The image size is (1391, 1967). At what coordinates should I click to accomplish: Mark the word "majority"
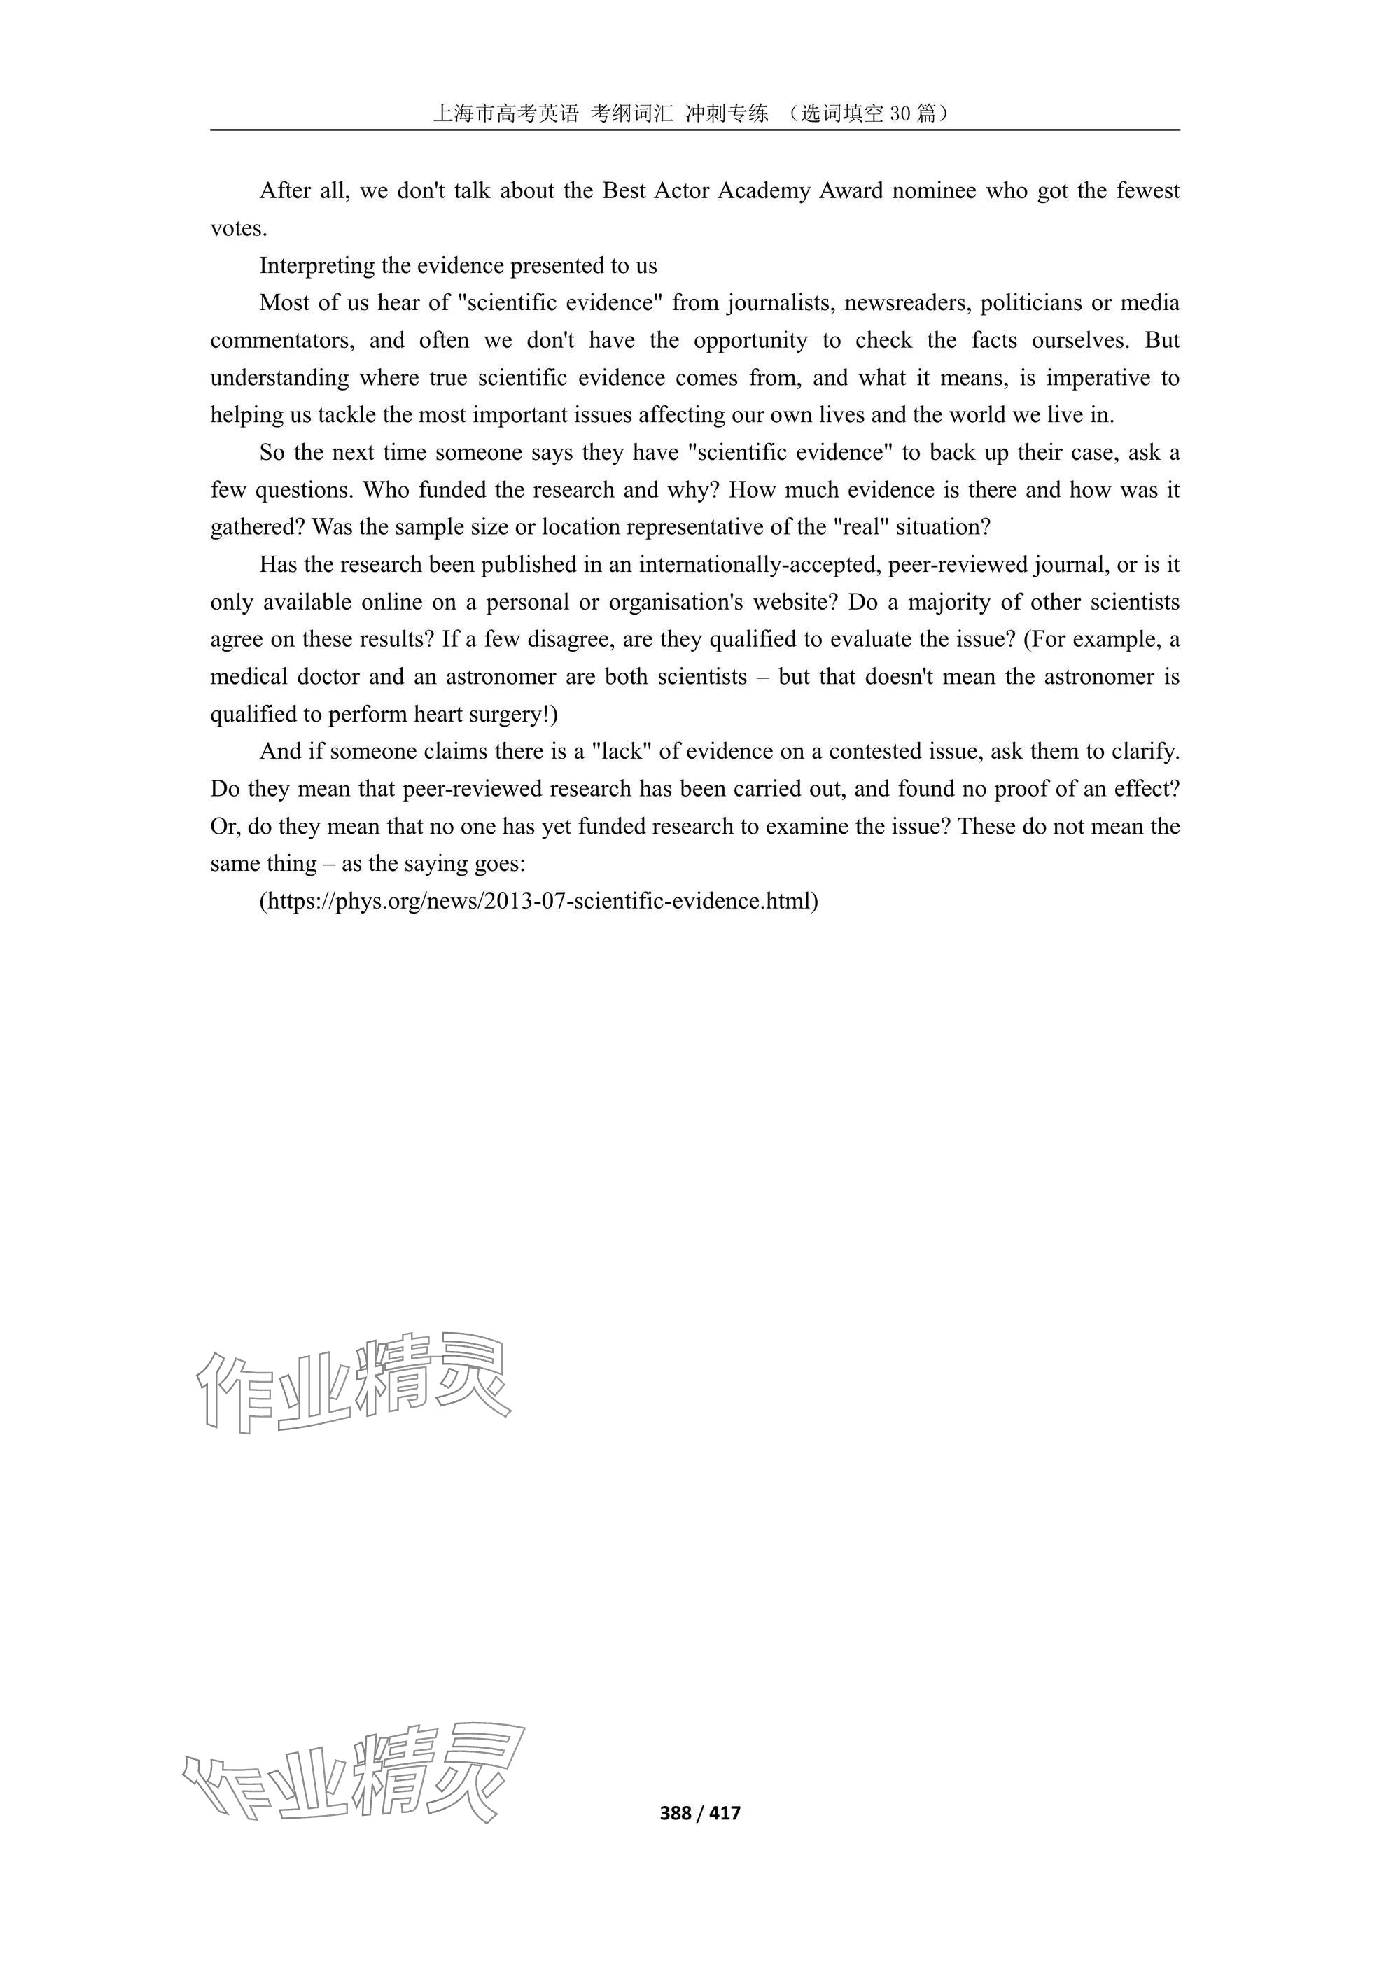(x=947, y=602)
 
